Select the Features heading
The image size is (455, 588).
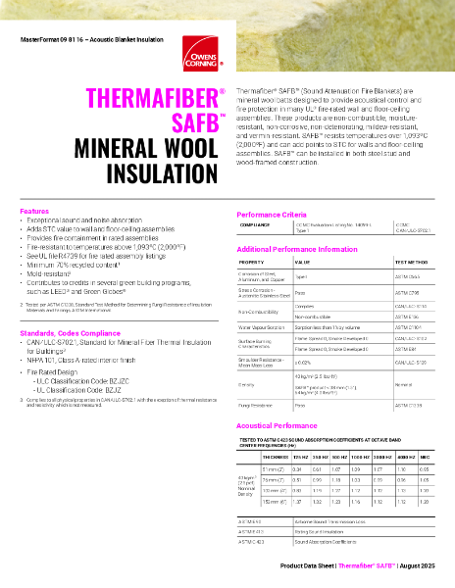click(34, 211)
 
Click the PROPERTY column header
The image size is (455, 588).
click(252, 264)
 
